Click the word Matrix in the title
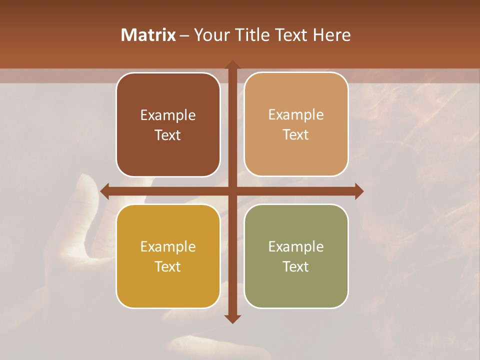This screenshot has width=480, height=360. pos(148,35)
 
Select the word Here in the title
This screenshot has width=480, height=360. pos(331,35)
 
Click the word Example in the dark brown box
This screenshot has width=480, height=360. pos(168,115)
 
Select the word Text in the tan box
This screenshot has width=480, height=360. pos(296,135)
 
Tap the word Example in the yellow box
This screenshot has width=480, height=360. pos(168,246)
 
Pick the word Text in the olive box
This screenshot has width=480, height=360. pos(296,266)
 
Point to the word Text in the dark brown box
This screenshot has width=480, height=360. pos(168,135)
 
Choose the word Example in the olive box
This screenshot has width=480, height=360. pos(296,246)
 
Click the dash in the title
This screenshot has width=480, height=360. pos(184,35)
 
